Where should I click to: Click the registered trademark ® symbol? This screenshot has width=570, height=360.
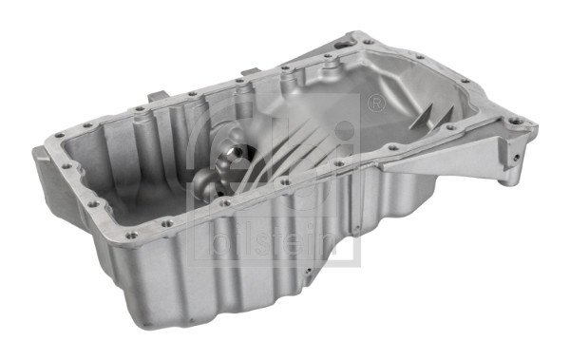(x=375, y=102)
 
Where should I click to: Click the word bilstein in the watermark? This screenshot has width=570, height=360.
(x=277, y=242)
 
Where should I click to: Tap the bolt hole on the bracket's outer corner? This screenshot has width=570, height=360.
(x=518, y=122)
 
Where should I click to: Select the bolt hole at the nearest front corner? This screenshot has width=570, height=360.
(x=130, y=235)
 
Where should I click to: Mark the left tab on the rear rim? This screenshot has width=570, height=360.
(x=157, y=94)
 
